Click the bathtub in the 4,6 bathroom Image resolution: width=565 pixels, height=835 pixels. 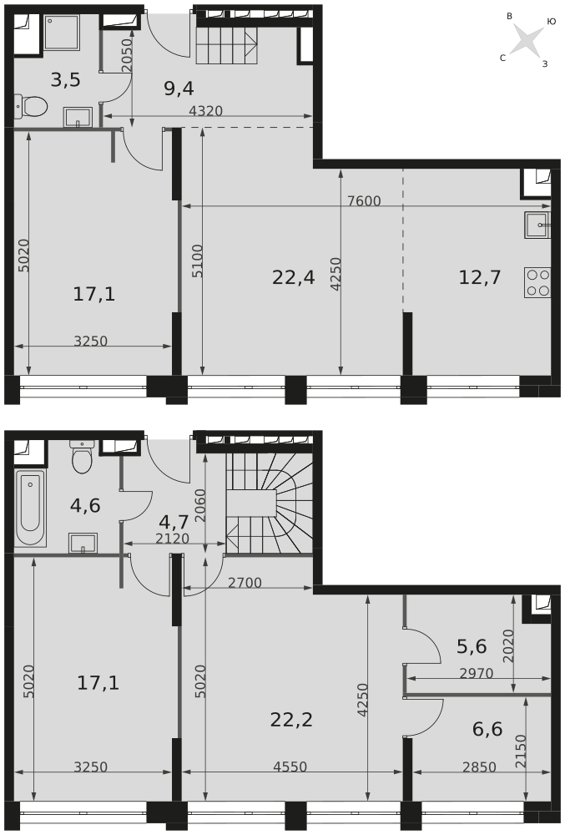[x=30, y=508]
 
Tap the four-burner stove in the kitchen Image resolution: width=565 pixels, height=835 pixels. [x=537, y=282]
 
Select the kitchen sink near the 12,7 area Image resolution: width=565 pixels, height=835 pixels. [x=537, y=225]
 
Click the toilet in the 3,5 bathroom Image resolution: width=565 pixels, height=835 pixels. [x=31, y=106]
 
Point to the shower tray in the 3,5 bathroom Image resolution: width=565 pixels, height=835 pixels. [x=62, y=33]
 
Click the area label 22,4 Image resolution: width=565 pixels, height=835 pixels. [x=293, y=277]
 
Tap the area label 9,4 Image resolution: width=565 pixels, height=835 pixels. [x=179, y=89]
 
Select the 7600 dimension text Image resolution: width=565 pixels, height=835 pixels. [x=364, y=200]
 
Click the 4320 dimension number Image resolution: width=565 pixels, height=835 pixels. [x=206, y=111]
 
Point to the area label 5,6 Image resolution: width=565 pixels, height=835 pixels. [x=472, y=646]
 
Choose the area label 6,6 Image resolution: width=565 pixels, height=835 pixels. [x=487, y=728]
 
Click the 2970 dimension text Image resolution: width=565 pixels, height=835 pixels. [x=477, y=673]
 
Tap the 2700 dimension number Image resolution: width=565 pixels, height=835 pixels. [x=245, y=583]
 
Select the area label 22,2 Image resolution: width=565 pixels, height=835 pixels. [x=291, y=720]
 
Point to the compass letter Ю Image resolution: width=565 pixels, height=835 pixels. [x=551, y=22]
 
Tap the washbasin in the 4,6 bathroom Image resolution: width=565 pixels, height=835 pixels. [x=83, y=543]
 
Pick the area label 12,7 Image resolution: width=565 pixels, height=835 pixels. [x=480, y=277]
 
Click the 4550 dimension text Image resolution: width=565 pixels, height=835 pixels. [x=290, y=767]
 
